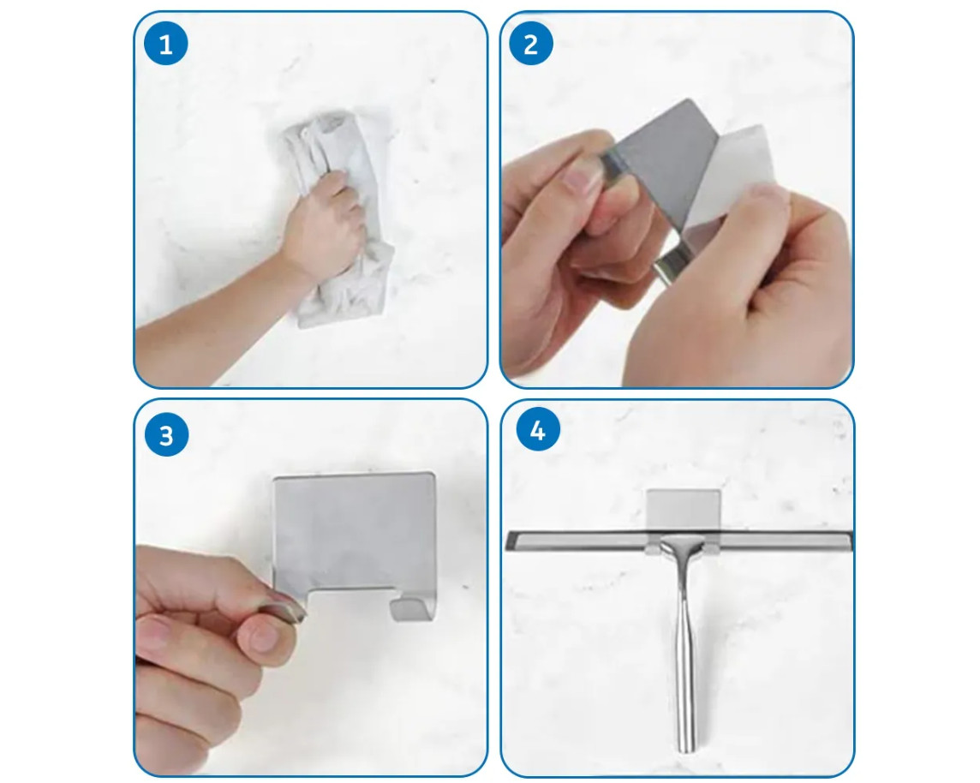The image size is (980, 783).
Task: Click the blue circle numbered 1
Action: pyautogui.click(x=165, y=44)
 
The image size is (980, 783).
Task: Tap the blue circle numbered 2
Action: pyautogui.click(x=530, y=44)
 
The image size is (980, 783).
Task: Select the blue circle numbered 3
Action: pyautogui.click(x=166, y=435)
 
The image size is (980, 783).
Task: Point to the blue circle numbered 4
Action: pyautogui.click(x=537, y=431)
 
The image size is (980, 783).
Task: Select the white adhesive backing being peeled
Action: pyautogui.click(x=732, y=182)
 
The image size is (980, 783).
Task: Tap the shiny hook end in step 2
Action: pyautogui.click(x=670, y=265)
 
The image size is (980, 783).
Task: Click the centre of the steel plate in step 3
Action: pyautogui.click(x=355, y=531)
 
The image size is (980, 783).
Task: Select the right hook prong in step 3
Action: pyautogui.click(x=413, y=607)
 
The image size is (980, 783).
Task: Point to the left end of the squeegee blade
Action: pyautogui.click(x=507, y=541)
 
